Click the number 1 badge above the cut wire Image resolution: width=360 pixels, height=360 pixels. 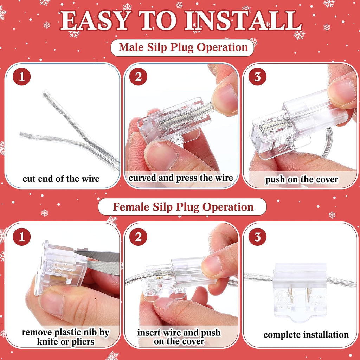(22, 77)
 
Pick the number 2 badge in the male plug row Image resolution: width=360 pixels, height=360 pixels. (138, 77)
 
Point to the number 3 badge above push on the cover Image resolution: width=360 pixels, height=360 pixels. (257, 77)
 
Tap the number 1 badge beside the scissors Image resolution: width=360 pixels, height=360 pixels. (22, 237)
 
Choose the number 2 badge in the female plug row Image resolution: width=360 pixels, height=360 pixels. (138, 237)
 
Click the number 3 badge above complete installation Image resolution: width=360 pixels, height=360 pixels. (257, 237)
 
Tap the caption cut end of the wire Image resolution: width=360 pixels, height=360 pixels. (61, 179)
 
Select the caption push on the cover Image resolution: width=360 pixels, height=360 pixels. (302, 180)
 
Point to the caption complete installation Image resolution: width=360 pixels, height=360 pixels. (306, 335)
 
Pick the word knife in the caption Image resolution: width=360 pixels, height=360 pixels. (47, 342)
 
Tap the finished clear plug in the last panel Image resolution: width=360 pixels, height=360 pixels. (300, 291)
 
